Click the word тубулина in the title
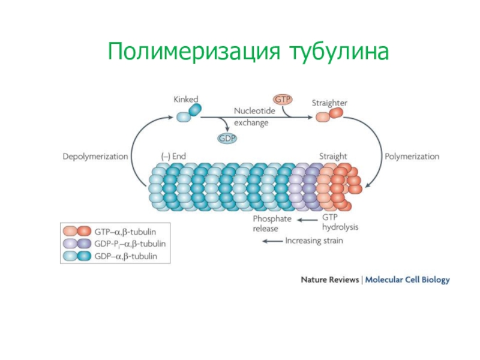[338, 52]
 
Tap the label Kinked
[186, 99]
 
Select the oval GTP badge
[281, 98]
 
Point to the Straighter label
[329, 103]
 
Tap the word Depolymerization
[95, 157]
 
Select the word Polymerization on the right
[412, 157]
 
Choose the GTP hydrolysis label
[340, 223]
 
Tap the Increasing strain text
[314, 241]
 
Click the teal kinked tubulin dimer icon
[188, 114]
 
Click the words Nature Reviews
[329, 280]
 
